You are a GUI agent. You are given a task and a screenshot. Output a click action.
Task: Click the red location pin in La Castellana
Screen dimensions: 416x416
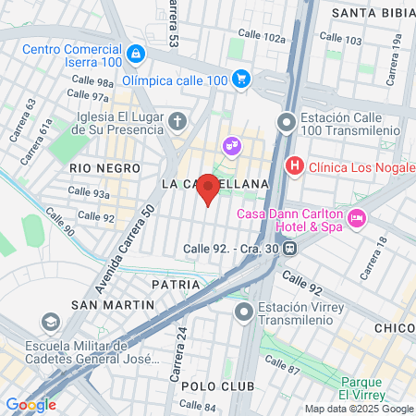(x=209, y=189)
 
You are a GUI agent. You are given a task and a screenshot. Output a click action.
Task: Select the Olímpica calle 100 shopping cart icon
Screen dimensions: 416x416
(x=241, y=80)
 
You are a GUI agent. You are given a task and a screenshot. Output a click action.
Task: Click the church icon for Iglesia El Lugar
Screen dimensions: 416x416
(x=178, y=120)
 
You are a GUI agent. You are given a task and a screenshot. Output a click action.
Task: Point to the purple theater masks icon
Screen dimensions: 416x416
(x=231, y=145)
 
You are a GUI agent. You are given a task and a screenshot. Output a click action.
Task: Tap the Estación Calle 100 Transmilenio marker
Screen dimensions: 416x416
(x=288, y=120)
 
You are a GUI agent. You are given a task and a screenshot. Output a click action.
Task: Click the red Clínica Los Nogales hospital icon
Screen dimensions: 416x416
(x=295, y=166)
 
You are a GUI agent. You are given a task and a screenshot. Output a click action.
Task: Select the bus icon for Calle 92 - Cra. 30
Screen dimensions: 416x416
(x=290, y=248)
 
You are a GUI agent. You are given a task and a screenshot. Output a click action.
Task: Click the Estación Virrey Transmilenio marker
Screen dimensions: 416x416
(x=244, y=312)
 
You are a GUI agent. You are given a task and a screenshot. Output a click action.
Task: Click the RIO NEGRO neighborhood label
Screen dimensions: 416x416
(x=104, y=168)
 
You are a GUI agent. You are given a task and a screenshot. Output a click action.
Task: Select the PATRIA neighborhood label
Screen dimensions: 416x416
(x=176, y=285)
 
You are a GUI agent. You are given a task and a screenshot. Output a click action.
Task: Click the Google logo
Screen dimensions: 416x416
(x=31, y=404)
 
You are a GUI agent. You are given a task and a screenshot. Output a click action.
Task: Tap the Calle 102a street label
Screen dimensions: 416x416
(x=262, y=36)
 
